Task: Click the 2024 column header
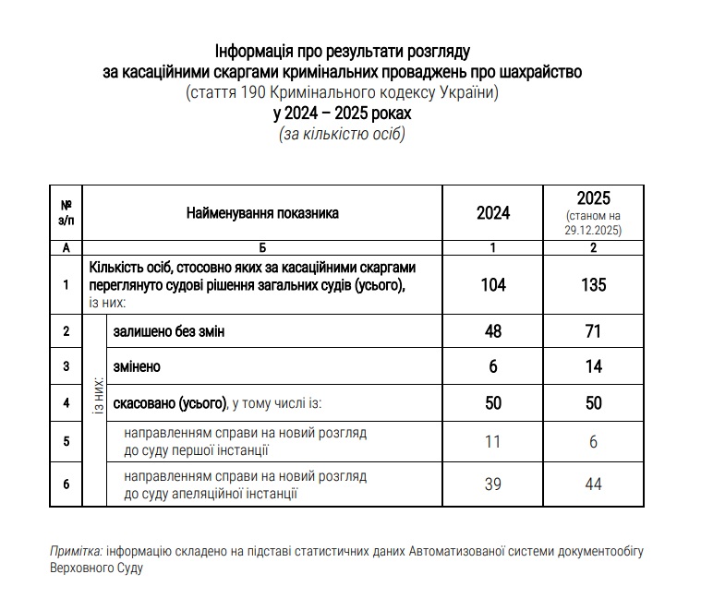coord(492,213)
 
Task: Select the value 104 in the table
coord(492,284)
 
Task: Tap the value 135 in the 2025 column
coord(593,284)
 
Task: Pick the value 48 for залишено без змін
coord(492,330)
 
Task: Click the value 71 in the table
coord(593,330)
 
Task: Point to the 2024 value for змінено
coord(492,366)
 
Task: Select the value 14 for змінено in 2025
coord(593,366)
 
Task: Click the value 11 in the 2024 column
coord(492,442)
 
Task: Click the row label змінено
coord(137,366)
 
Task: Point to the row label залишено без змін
coord(168,330)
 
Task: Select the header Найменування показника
coord(262,213)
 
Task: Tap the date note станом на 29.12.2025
coord(593,222)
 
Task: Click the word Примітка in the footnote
coord(76,551)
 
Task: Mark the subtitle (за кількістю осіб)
coord(342,134)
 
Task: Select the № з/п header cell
coord(66,213)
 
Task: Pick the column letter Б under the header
coord(262,248)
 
